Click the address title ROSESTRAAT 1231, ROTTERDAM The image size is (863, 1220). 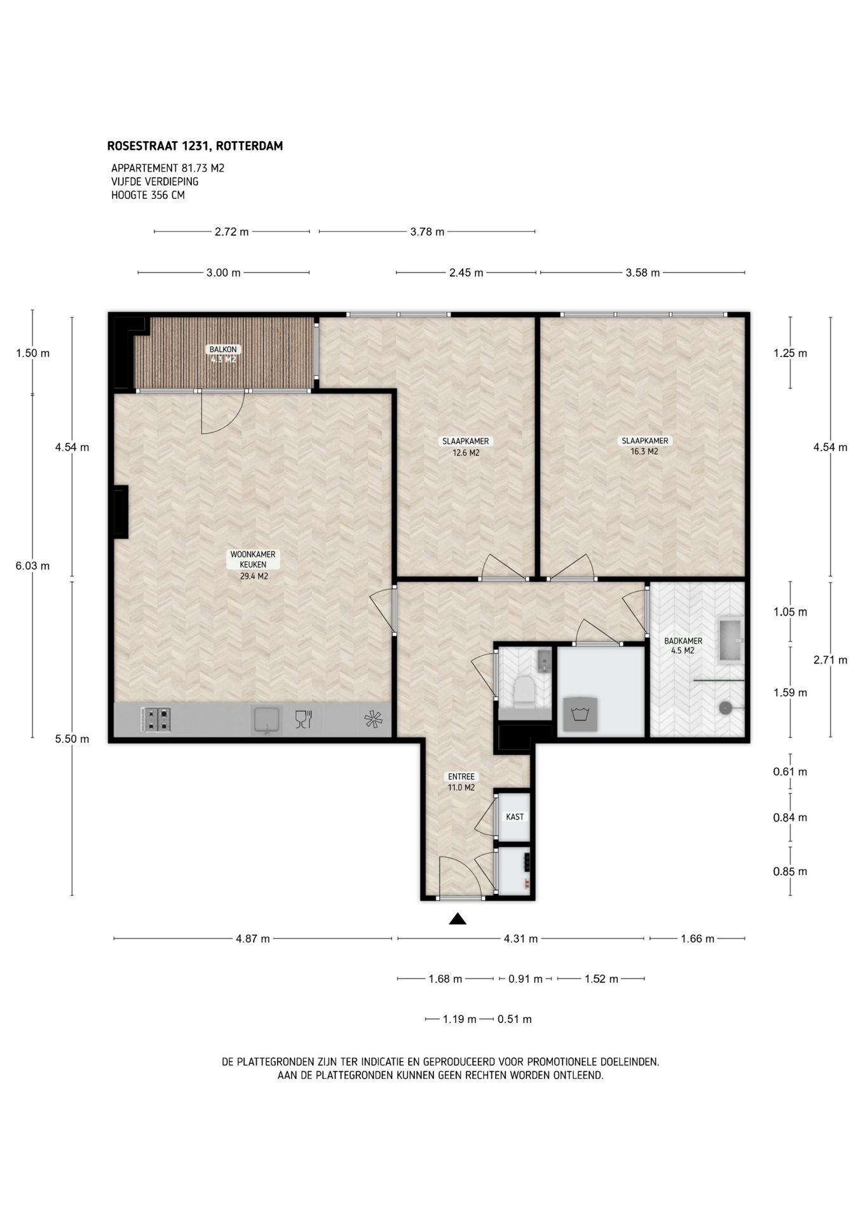tap(195, 146)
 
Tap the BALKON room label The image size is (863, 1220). tap(223, 349)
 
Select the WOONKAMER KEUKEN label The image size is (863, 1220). tap(253, 559)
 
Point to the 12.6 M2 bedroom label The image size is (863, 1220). tap(466, 453)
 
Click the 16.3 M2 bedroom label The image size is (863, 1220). tap(644, 452)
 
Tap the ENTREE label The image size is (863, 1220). tap(461, 776)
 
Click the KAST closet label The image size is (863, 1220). tap(515, 817)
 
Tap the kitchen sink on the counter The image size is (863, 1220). tap(268, 720)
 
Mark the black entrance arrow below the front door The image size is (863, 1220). tap(458, 919)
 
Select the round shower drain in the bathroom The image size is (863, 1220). tap(725, 707)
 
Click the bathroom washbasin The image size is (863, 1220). tap(731, 640)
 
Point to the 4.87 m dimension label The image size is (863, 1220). tap(253, 939)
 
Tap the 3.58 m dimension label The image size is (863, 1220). tap(642, 273)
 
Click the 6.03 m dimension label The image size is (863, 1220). tap(32, 566)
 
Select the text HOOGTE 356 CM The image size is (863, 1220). tap(148, 195)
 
